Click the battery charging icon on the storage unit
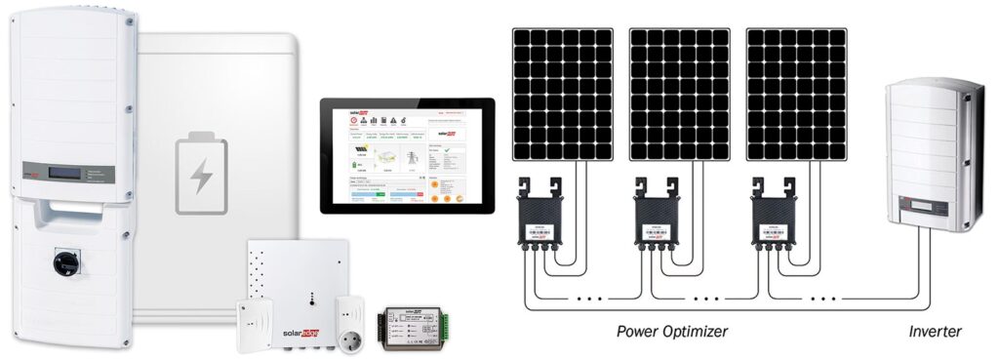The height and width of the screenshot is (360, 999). coord(200,177)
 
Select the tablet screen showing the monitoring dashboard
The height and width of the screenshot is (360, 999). coord(407,155)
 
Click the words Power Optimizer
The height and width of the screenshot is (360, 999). coord(672,332)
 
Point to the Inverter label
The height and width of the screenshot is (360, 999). coord(934,332)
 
